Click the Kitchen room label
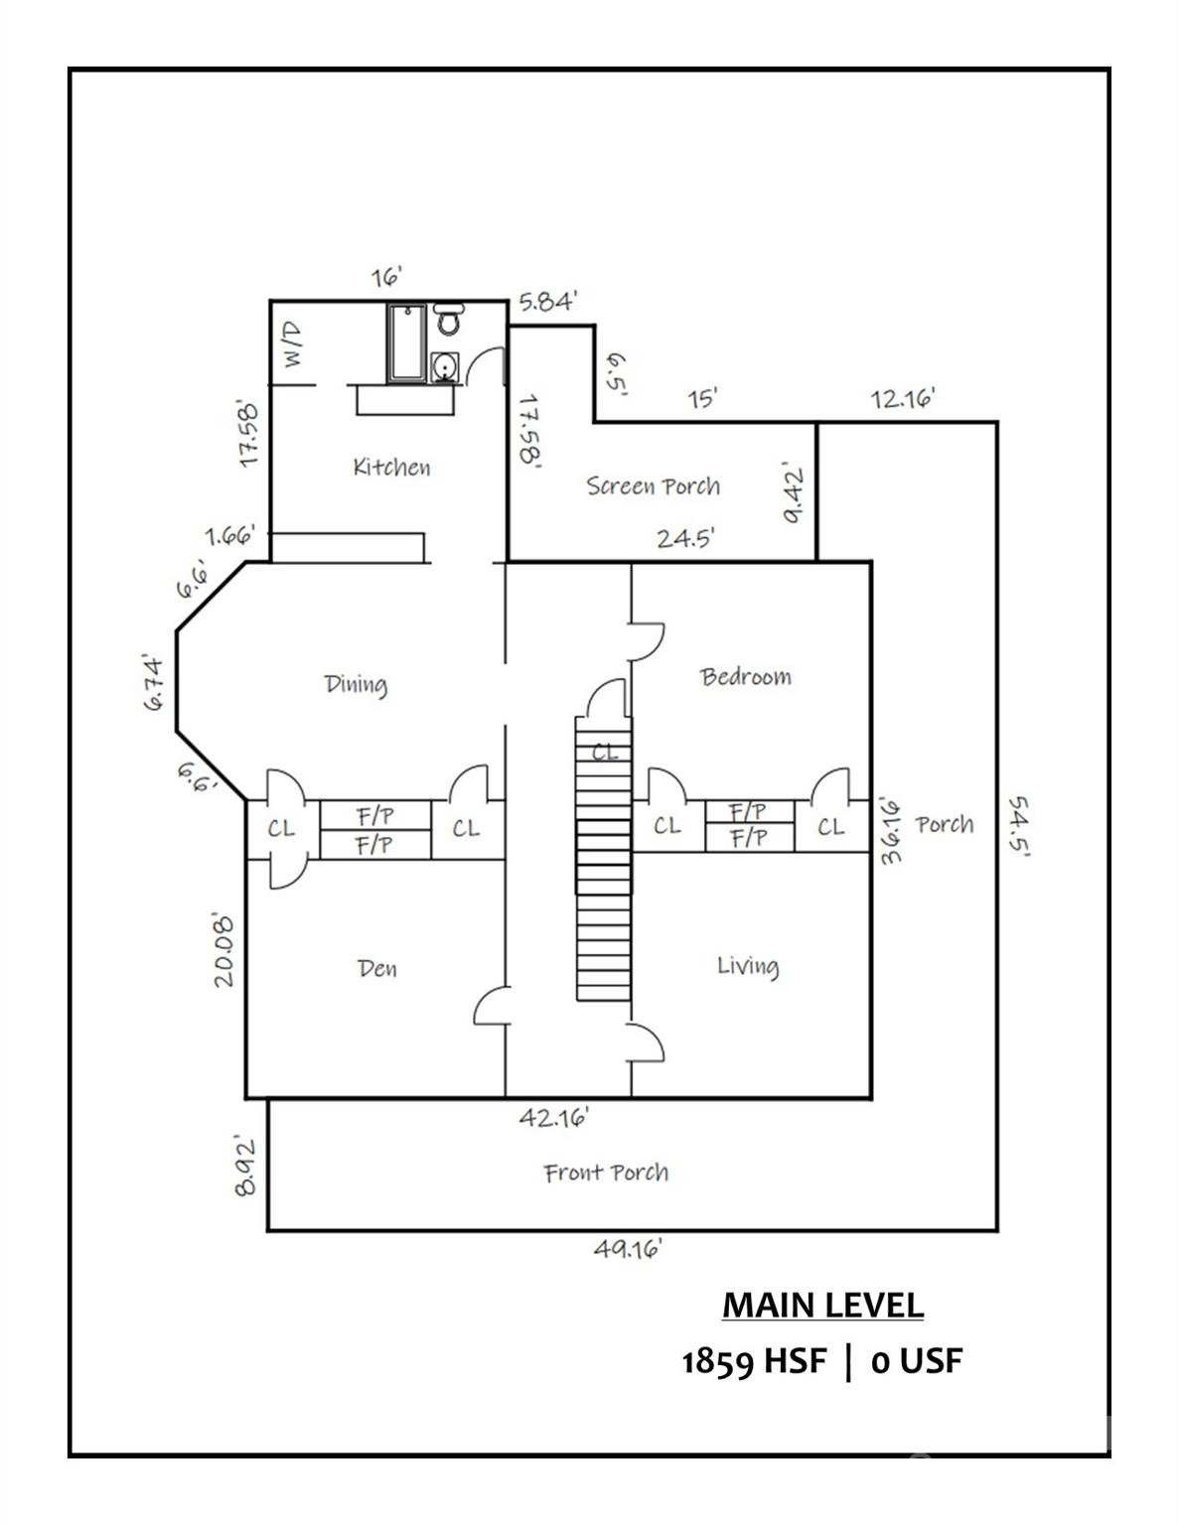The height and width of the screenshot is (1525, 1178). pos(391,467)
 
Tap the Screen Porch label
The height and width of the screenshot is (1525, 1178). pos(653,485)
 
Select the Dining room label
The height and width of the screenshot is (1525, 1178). pos(356,684)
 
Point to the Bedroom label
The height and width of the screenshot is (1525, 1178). pos(746,677)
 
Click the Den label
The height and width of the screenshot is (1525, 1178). pos(377,968)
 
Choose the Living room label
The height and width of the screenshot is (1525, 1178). pos(748,966)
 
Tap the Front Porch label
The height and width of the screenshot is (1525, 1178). pos(606,1173)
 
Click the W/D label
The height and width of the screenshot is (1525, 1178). pos(294,344)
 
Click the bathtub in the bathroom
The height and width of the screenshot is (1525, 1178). pos(407,343)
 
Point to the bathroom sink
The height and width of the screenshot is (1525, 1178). pos(445,368)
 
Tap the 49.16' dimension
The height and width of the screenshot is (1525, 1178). pos(628,1248)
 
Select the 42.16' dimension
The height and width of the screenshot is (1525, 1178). pos(554,1118)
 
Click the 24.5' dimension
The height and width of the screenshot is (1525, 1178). pos(685,538)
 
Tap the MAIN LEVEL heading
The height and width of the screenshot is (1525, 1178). pos(822,1305)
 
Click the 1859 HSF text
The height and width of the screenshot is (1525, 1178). pos(753,1360)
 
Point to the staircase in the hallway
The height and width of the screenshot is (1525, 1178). pos(603,859)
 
